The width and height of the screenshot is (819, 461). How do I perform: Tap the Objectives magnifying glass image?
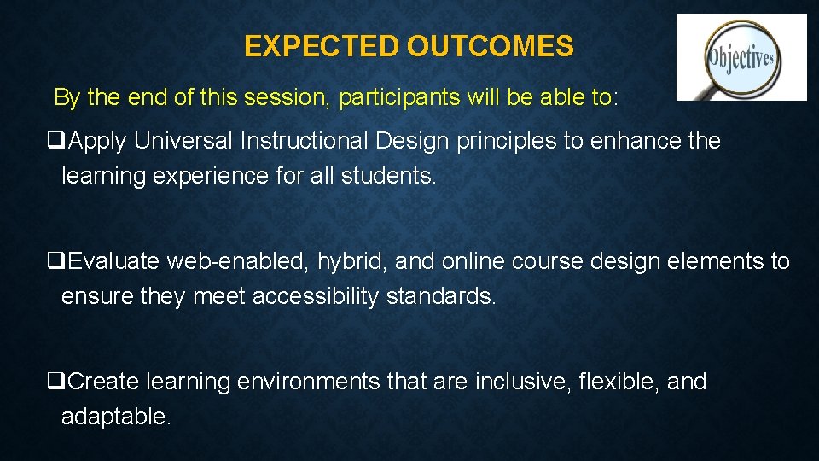pyautogui.click(x=741, y=57)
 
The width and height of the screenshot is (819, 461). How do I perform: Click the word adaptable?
pyautogui.click(x=115, y=417)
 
